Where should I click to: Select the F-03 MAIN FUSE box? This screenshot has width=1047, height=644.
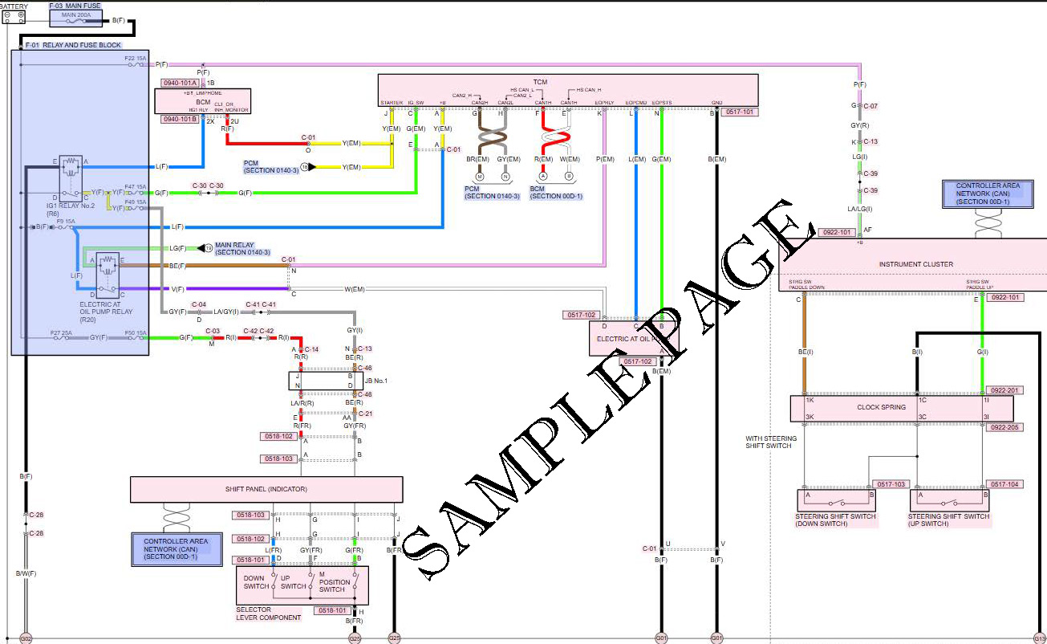pyautogui.click(x=75, y=14)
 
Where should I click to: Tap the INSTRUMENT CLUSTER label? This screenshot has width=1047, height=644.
pyautogui.click(x=915, y=264)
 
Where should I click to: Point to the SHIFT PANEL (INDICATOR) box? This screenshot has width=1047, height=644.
pyautogui.click(x=266, y=489)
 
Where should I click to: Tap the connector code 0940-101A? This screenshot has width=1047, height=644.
pyautogui.click(x=180, y=83)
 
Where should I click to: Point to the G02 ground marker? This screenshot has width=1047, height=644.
pyautogui.click(x=26, y=638)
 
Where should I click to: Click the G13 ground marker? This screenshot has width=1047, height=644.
pyautogui.click(x=1040, y=638)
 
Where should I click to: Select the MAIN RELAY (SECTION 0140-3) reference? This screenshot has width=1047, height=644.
pyautogui.click(x=243, y=248)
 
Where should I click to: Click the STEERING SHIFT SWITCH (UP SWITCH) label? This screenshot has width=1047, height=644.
pyautogui.click(x=949, y=520)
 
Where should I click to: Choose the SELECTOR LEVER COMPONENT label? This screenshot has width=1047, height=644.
pyautogui.click(x=269, y=613)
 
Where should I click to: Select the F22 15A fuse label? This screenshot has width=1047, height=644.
pyautogui.click(x=135, y=59)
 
